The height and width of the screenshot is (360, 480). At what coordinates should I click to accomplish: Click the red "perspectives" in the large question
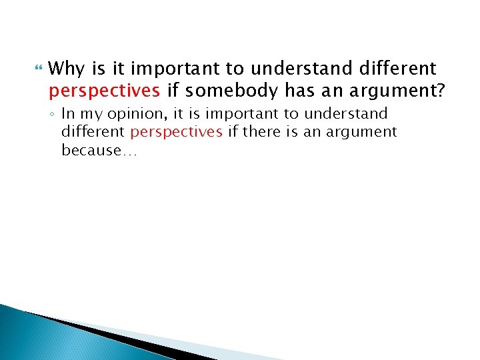coord(104,90)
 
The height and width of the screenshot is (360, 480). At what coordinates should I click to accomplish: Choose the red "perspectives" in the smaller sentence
coord(177,133)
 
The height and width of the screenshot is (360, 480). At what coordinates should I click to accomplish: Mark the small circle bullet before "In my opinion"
coord(53,115)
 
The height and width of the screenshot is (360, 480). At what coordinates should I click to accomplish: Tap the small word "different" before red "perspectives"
coord(93,133)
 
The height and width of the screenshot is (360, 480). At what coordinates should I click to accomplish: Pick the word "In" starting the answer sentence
coord(68,115)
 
